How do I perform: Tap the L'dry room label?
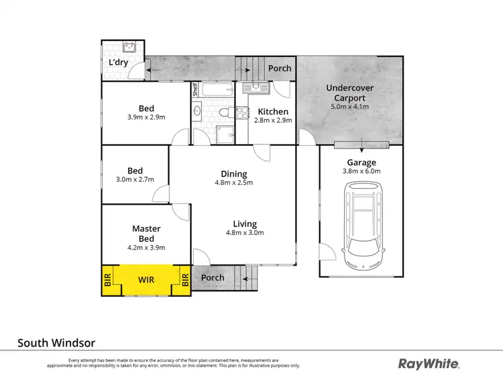119,63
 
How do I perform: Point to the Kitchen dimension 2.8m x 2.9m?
272,120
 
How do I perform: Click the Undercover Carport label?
350,93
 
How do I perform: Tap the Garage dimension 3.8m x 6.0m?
361,171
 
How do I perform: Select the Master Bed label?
146,234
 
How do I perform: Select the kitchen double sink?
256,87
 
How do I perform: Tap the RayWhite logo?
429,364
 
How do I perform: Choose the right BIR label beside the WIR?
184,279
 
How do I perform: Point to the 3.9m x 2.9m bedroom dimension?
146,117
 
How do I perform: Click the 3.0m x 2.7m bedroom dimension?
134,179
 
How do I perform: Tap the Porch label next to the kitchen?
280,68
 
